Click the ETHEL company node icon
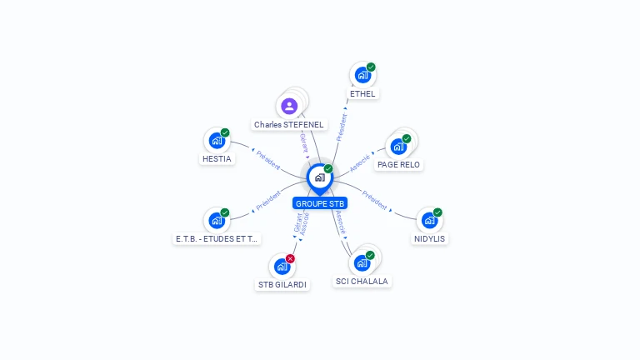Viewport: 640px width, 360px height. [362, 75]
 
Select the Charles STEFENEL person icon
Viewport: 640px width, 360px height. [289, 106]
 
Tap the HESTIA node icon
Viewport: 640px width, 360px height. [217, 140]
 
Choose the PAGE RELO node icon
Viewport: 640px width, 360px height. [397, 147]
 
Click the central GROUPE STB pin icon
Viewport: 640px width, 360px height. [319, 177]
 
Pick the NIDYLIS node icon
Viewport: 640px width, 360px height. [428, 220]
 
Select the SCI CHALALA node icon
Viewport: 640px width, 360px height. [362, 262]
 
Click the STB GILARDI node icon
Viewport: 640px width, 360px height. [282, 267]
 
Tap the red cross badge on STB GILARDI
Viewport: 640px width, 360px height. [290, 258]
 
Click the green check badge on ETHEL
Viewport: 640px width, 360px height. [371, 67]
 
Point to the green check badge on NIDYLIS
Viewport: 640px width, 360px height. [437, 212]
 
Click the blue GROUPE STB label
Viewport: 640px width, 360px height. [320, 203]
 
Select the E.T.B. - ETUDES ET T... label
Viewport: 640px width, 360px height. [217, 238]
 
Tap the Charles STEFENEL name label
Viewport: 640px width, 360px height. [289, 125]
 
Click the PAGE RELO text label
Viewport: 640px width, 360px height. [398, 165]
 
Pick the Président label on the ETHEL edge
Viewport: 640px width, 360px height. [341, 123]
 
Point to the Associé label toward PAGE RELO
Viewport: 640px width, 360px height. [361, 162]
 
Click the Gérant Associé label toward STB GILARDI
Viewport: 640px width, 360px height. [301, 224]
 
